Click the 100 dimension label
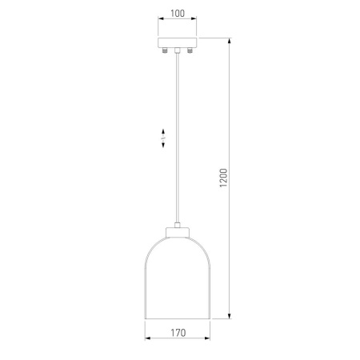click(x=178, y=14)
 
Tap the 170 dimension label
click(x=178, y=333)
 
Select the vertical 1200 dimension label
click(x=223, y=178)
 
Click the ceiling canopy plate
click(x=178, y=42)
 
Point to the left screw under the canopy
click(x=165, y=50)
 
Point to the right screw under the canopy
click(x=190, y=50)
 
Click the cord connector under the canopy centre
click(x=178, y=50)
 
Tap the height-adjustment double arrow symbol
click(x=163, y=138)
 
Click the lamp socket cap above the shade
click(x=178, y=232)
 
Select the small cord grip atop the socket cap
click(x=178, y=225)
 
